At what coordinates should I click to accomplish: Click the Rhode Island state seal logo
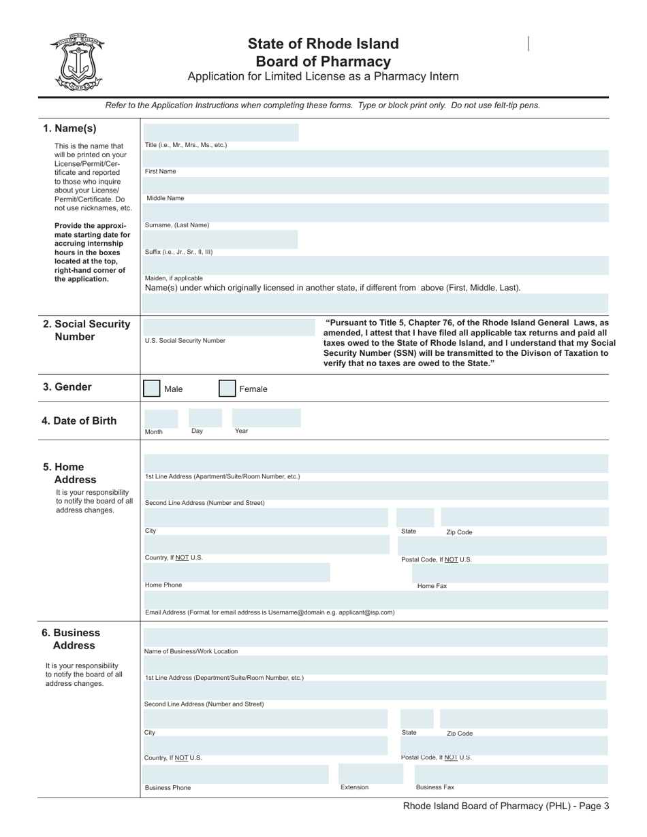(x=77, y=63)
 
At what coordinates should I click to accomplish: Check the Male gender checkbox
(x=152, y=389)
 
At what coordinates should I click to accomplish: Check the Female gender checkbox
(x=227, y=389)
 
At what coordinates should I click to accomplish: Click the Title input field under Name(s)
(x=221, y=133)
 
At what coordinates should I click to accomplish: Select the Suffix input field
(x=221, y=239)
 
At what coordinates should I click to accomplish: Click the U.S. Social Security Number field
(x=227, y=327)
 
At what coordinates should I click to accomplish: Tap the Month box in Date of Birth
(x=161, y=418)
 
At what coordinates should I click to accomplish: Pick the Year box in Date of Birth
(x=266, y=418)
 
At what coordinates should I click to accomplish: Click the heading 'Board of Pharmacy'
(x=323, y=61)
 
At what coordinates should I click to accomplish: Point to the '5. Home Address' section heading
(x=69, y=473)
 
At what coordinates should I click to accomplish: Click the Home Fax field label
(x=432, y=586)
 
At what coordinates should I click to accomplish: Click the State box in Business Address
(x=416, y=719)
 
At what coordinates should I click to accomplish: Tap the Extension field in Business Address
(x=366, y=774)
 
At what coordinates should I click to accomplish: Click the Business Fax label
(x=435, y=787)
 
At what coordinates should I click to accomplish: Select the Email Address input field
(x=375, y=600)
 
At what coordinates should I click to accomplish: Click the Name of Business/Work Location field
(x=375, y=638)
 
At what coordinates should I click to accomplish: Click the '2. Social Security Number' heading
(x=86, y=330)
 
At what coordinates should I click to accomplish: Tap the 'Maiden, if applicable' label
(x=174, y=278)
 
